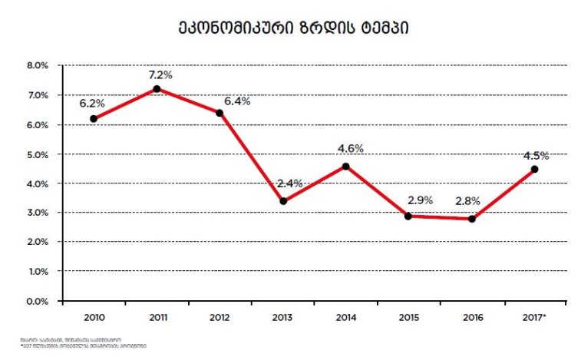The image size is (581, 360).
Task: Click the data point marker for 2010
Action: [94, 119]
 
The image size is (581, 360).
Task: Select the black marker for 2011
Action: [157, 89]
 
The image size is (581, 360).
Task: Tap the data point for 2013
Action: [283, 201]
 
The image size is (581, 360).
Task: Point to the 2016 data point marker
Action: [471, 219]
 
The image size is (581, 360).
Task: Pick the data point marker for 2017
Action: [534, 169]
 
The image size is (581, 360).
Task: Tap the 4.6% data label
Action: [350, 149]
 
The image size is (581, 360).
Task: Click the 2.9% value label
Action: [419, 200]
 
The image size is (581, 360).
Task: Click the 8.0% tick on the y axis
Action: [38, 66]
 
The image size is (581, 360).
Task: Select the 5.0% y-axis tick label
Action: [38, 154]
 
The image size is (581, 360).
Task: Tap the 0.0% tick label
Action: [38, 301]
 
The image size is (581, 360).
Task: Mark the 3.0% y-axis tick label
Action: [38, 213]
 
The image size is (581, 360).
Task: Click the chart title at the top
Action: [289, 29]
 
